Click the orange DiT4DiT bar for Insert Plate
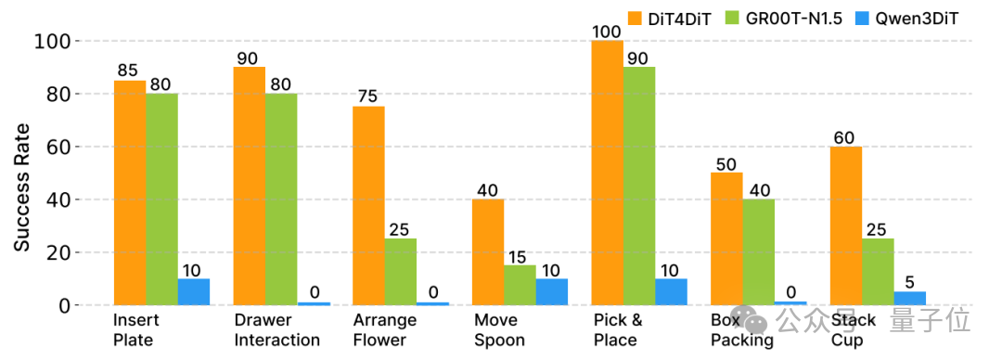pyautogui.click(x=130, y=193)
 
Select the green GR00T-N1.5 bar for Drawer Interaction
pyautogui.click(x=281, y=199)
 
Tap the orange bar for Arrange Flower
pyautogui.click(x=368, y=206)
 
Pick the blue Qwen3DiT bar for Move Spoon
pyautogui.click(x=552, y=292)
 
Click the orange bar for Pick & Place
pyautogui.click(x=608, y=174)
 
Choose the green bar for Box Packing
pyautogui.click(x=759, y=252)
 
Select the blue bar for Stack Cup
pyautogui.click(x=910, y=299)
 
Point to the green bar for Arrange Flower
pyautogui.click(x=401, y=273)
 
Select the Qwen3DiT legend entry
pyautogui.click(x=900, y=18)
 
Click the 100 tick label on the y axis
pyautogui.click(x=50, y=41)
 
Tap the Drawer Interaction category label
pyautogui.click(x=277, y=330)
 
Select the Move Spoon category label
pyautogui.click(x=499, y=330)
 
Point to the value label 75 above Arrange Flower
pyautogui.click(x=368, y=96)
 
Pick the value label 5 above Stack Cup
pyautogui.click(x=910, y=281)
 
